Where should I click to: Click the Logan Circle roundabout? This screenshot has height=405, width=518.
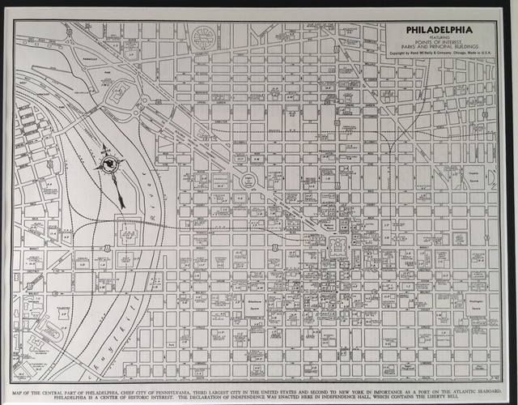[x=249, y=180]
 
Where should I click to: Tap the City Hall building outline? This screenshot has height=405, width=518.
[x=338, y=246]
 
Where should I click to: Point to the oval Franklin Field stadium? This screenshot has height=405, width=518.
[x=49, y=333]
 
